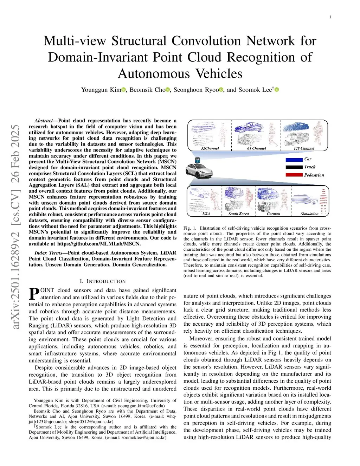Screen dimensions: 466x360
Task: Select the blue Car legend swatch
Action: pos(294,159)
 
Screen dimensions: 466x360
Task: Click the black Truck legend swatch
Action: pos(294,167)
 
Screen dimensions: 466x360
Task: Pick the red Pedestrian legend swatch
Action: pos(294,175)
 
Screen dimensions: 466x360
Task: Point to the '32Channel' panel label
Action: pos(210,148)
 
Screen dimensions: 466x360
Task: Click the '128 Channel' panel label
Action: pos(304,148)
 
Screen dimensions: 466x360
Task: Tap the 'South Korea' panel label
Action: pos(239,214)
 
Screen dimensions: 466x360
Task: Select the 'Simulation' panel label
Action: pos(309,214)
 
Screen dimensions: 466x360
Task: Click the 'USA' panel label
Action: pos(206,214)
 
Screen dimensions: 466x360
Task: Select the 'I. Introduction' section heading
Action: pos(103,281)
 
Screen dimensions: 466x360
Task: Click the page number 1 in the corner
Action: pos(330,17)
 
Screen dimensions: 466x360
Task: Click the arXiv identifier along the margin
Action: pos(15,227)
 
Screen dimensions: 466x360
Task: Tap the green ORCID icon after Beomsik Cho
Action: pos(168,90)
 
